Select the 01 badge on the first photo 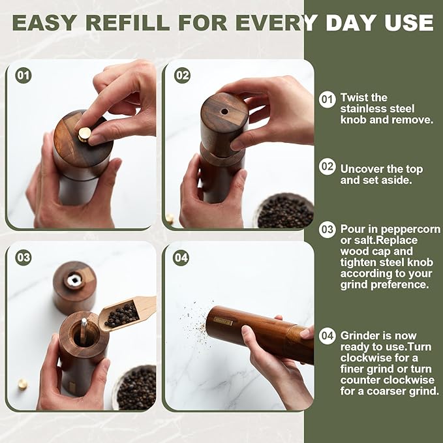click(23, 75)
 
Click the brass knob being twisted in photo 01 click(85, 134)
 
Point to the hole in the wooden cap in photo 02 click(224, 112)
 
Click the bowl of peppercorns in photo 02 click(284, 212)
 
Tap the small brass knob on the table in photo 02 click(170, 218)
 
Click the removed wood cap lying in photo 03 click(74, 285)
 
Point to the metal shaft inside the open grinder click(84, 329)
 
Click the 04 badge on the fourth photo click(181, 258)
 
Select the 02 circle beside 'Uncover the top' click(327, 166)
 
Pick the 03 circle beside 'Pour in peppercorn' click(327, 230)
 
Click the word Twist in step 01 click(354, 98)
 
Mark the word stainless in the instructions click(360, 109)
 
